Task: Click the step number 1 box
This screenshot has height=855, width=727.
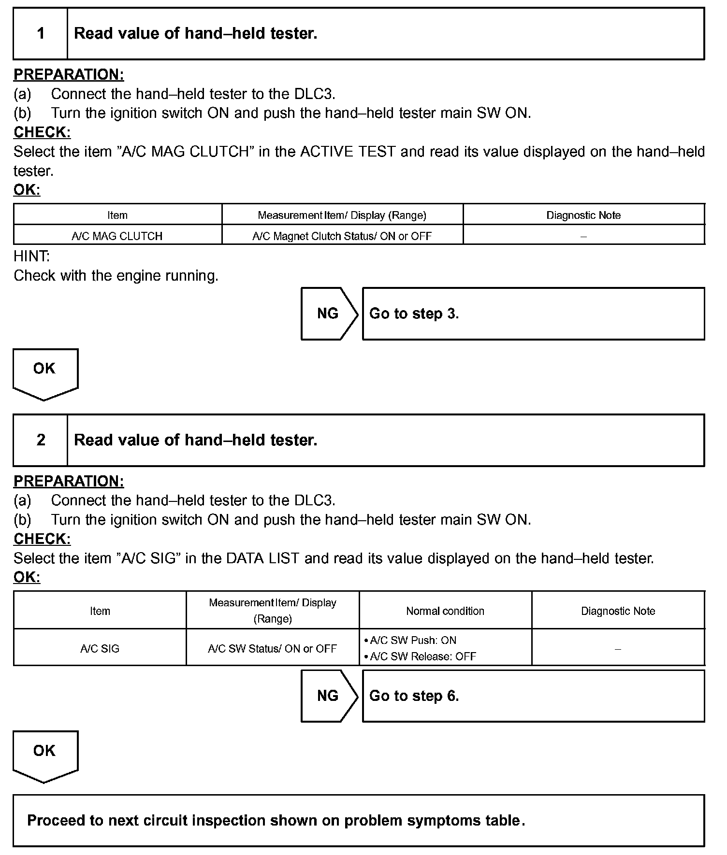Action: [41, 33]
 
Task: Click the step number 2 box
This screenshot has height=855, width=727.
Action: [41, 440]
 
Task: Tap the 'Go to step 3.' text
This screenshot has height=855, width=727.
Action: [414, 314]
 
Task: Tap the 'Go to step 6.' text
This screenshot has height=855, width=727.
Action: [414, 696]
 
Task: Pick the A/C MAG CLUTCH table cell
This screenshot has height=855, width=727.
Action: [117, 236]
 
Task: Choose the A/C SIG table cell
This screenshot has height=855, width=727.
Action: [100, 649]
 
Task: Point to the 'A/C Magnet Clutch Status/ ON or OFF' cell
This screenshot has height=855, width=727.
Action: [342, 236]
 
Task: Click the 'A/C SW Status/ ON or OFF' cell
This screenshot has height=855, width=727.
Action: [272, 649]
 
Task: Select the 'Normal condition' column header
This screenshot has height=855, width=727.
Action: [445, 611]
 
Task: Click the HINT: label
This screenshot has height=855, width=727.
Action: [31, 256]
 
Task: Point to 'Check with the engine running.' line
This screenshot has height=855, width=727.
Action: [116, 276]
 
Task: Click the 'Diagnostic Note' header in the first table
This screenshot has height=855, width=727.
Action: [583, 215]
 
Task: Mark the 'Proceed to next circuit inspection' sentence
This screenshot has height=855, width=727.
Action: [276, 821]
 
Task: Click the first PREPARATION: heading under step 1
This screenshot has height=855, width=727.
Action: [69, 75]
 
